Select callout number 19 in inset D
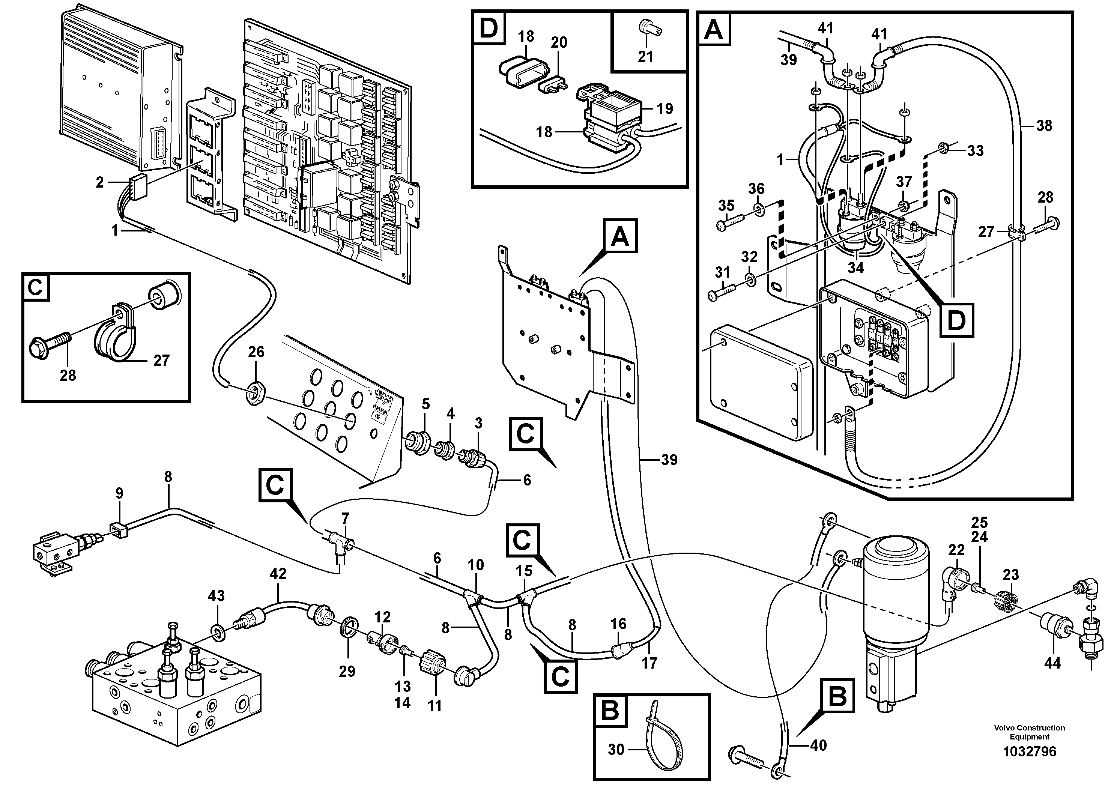(x=664, y=108)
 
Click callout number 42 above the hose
(x=278, y=574)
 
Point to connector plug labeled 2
(x=138, y=185)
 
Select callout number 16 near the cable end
(x=618, y=624)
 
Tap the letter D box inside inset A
(x=956, y=320)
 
